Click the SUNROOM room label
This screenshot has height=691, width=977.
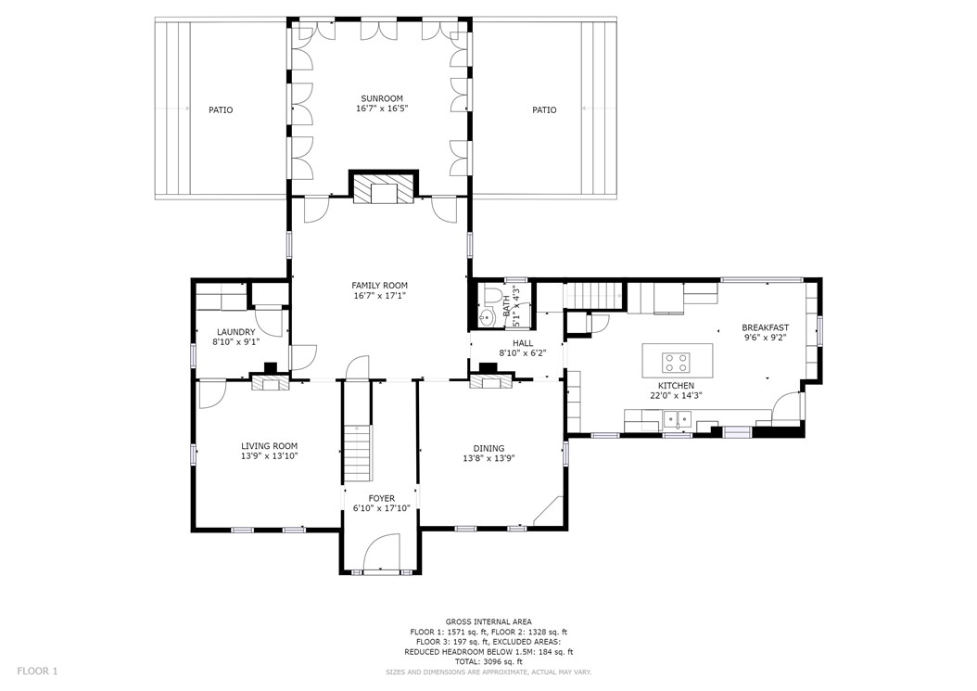(x=382, y=98)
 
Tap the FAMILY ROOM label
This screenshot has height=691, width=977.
(x=379, y=286)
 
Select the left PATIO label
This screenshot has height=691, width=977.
(x=221, y=110)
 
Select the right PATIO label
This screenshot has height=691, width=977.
(x=544, y=110)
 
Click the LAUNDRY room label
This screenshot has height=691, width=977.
(x=235, y=332)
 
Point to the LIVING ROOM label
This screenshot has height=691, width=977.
(x=269, y=446)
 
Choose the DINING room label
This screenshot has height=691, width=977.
(x=488, y=448)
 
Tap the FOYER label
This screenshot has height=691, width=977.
(x=381, y=498)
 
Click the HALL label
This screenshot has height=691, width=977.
(x=523, y=343)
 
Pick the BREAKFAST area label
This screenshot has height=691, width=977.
(x=765, y=327)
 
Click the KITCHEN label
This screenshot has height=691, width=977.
(x=676, y=386)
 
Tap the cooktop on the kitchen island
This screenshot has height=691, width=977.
(x=676, y=363)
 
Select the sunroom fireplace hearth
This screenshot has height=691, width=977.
(x=383, y=188)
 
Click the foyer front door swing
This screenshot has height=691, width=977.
(x=381, y=553)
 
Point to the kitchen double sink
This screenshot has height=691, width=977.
(x=678, y=417)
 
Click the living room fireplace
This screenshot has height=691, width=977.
(x=271, y=381)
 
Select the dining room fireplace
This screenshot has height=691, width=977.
(x=491, y=381)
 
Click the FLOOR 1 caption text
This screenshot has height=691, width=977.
(x=37, y=671)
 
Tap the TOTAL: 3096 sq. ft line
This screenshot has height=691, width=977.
(x=488, y=661)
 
